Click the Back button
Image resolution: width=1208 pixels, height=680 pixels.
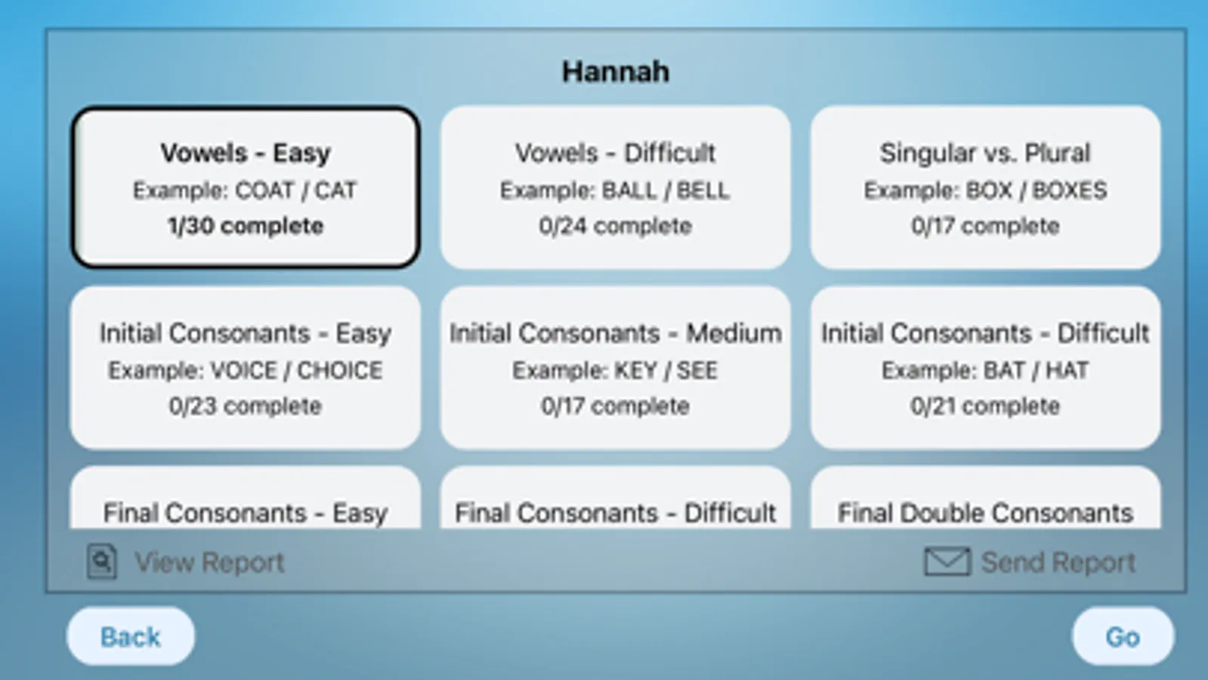click(x=131, y=636)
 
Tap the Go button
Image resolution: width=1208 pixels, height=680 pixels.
click(x=1122, y=636)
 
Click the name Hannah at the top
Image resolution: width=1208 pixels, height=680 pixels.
click(x=615, y=72)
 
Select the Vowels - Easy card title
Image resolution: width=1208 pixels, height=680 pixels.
click(x=246, y=153)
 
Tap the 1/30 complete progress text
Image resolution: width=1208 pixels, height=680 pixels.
click(x=246, y=226)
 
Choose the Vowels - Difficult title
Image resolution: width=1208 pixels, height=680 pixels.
click(x=615, y=153)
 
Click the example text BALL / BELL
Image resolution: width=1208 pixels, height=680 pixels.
click(x=666, y=190)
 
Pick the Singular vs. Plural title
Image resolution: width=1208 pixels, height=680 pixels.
click(x=984, y=153)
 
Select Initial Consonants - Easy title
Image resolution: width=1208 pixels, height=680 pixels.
click(x=246, y=333)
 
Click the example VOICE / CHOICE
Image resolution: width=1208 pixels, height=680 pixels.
click(x=296, y=370)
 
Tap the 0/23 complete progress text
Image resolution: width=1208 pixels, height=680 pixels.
click(x=246, y=406)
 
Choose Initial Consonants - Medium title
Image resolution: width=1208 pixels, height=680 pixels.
click(x=615, y=333)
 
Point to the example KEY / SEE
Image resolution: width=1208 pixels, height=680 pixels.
click(x=666, y=370)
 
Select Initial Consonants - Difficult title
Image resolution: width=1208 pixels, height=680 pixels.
click(x=984, y=333)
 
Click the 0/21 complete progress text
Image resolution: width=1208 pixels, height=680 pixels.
click(x=984, y=406)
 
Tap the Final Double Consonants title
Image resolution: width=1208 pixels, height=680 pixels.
click(x=984, y=513)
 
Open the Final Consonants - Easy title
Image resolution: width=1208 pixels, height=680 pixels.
click(x=246, y=513)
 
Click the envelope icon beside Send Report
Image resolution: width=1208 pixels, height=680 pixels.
click(x=947, y=561)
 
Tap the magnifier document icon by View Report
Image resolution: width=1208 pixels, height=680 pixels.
click(x=102, y=561)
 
